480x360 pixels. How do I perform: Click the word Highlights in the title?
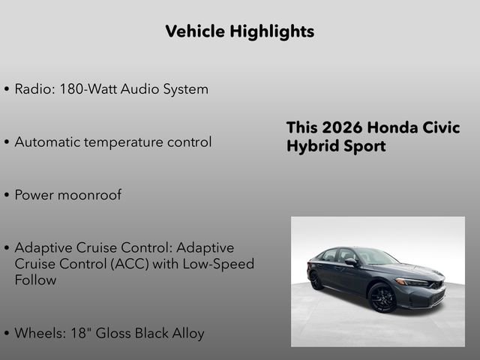tap(273, 31)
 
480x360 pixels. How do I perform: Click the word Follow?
tap(35, 280)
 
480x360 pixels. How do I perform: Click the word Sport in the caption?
tap(365, 146)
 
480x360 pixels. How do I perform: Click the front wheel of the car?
tap(382, 298)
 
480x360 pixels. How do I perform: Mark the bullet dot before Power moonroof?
tap(7, 195)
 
